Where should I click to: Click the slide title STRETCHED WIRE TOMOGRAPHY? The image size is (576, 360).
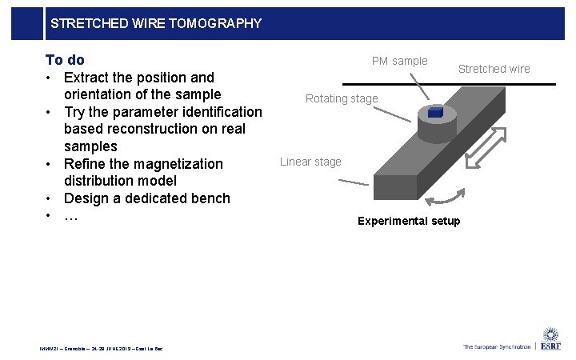(155, 23)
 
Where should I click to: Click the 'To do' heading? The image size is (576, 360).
(65, 60)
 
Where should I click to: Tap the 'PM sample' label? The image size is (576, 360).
(399, 61)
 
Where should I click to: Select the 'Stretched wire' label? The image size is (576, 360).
(494, 69)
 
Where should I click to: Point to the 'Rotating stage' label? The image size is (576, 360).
(342, 98)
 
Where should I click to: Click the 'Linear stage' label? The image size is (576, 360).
(310, 162)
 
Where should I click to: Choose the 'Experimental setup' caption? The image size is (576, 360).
(409, 221)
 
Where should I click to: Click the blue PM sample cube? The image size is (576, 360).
(435, 113)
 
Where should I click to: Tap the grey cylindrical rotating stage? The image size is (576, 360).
(436, 127)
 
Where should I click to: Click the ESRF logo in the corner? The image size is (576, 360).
(550, 339)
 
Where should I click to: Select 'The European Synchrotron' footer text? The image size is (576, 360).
(496, 346)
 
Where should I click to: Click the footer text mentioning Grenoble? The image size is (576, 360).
(101, 348)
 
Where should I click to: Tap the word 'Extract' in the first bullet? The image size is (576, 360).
(88, 78)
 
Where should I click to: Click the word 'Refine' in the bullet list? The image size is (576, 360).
(86, 164)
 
